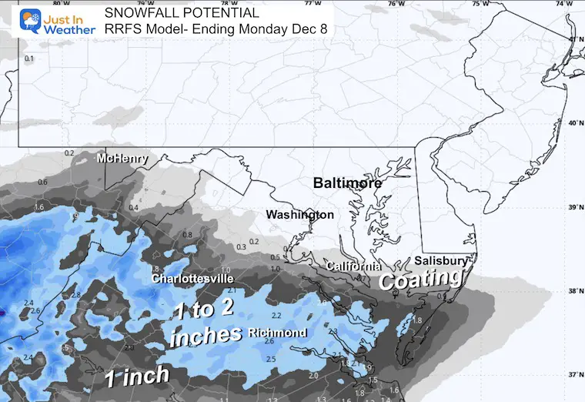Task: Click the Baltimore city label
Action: point(346,183)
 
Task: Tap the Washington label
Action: point(300,214)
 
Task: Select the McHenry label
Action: point(122,159)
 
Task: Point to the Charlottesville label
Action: point(192,278)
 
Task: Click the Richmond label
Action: point(278,333)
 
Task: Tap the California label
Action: point(353,266)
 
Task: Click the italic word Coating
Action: point(422,279)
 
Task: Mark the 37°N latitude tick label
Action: point(573,375)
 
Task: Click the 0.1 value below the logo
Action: point(29,59)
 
